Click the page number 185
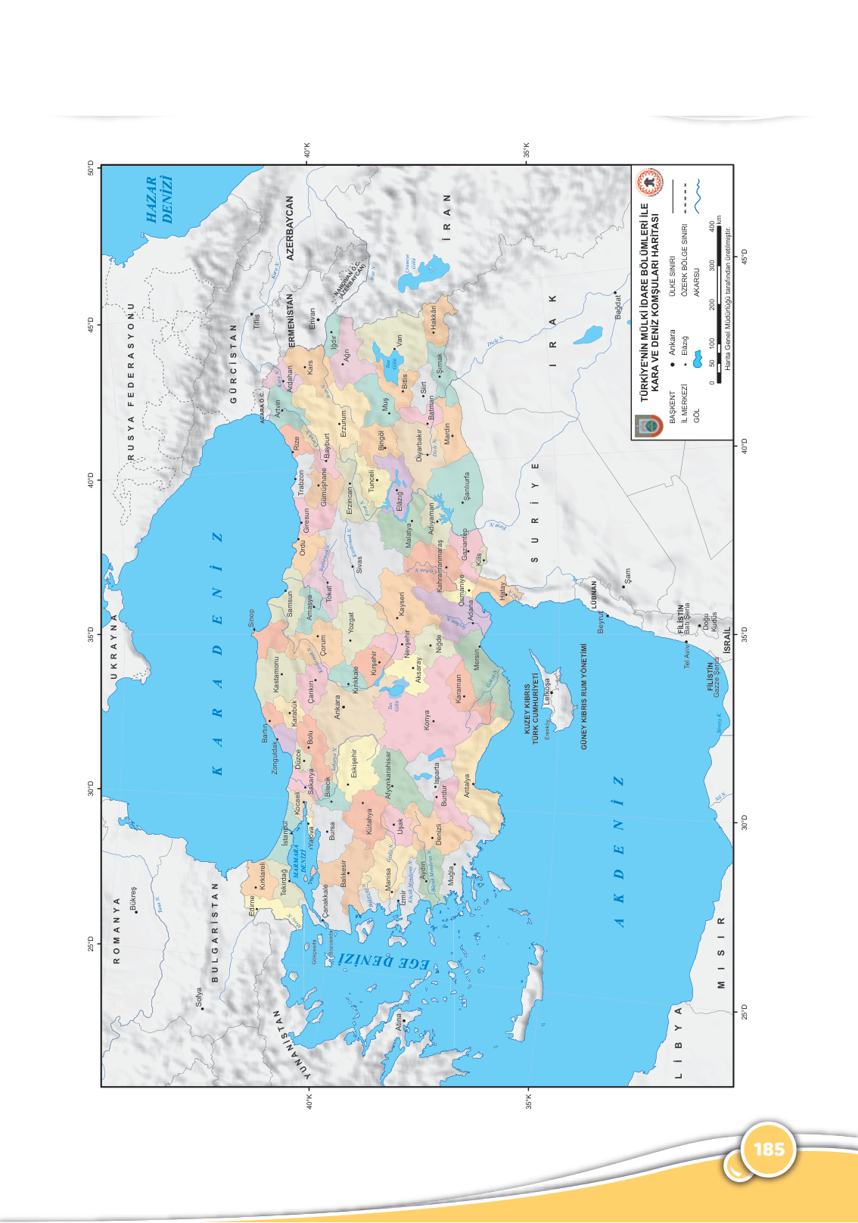769,1150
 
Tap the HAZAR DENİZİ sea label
160,200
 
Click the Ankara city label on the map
337,707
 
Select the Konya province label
427,720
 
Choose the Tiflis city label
256,322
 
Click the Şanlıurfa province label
467,487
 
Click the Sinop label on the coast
252,618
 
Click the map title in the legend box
650,302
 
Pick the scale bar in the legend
718,302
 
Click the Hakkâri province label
434,318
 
